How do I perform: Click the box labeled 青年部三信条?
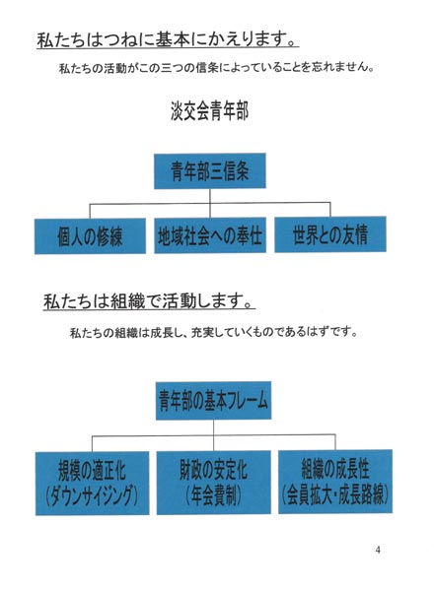(209, 170)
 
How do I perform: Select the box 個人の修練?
(90, 236)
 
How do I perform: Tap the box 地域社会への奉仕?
(210, 235)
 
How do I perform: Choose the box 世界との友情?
(330, 234)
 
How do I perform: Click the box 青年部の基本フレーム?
(213, 401)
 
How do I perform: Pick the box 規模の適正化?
(92, 484)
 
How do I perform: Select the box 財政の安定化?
(214, 483)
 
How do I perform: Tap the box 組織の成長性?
(335, 482)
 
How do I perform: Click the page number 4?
(378, 550)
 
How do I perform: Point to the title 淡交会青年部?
(209, 111)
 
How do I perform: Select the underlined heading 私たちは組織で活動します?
(149, 302)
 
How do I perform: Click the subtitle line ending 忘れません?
(216, 68)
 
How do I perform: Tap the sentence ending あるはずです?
(214, 333)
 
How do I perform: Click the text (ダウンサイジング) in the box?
(92, 496)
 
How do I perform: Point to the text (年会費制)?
(213, 495)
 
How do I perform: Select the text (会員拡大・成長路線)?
(335, 494)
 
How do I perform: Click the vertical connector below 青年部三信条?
(210, 203)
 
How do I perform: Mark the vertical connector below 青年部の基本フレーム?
(213, 435)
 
